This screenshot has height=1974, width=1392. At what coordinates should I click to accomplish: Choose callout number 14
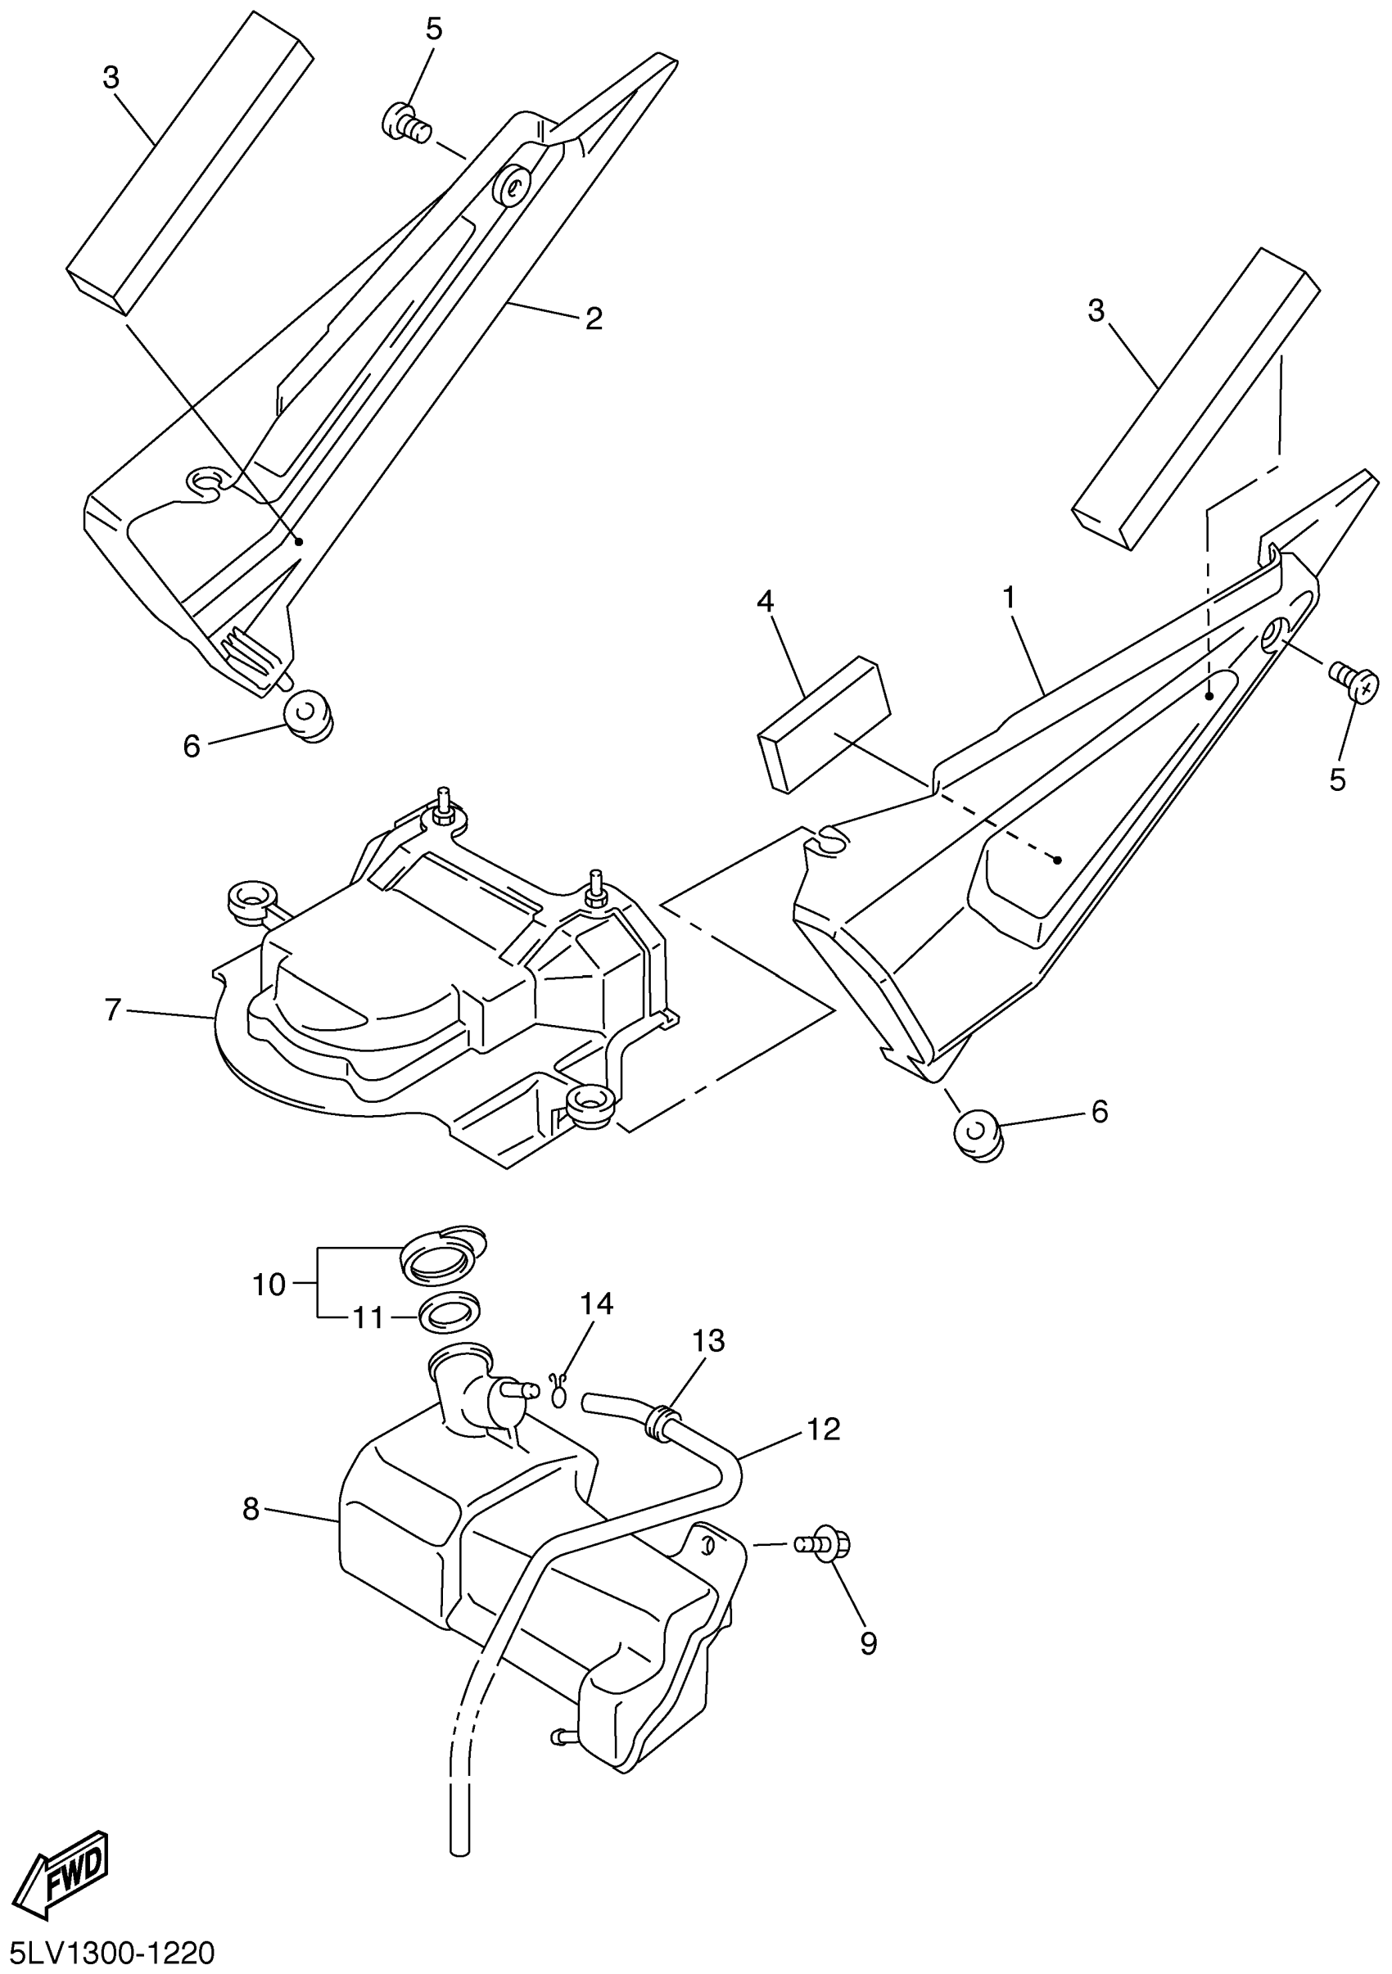pos(596,1303)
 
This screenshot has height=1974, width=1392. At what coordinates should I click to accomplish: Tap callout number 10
pos(269,1285)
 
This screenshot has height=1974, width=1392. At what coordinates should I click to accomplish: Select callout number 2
pos(594,318)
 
